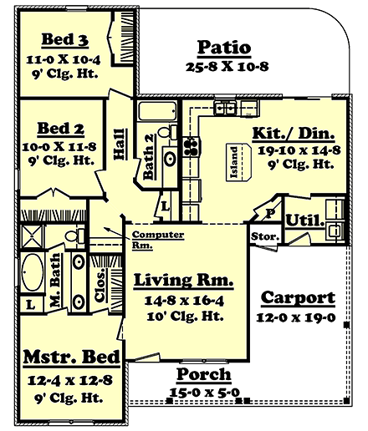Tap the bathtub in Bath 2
click(x=156, y=113)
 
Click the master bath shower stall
click(x=32, y=236)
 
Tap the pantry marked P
click(x=271, y=214)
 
